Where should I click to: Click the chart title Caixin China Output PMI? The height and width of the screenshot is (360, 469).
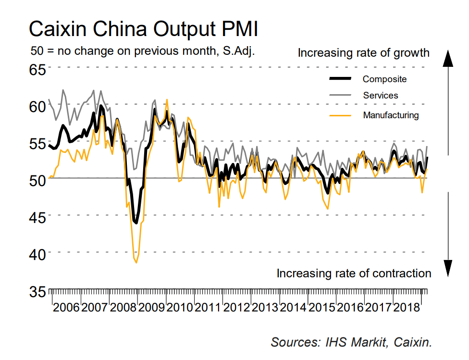(144, 29)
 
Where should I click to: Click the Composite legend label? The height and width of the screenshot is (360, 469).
(384, 79)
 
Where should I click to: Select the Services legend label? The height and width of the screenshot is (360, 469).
(381, 96)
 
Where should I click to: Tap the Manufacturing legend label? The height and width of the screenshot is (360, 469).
(391, 115)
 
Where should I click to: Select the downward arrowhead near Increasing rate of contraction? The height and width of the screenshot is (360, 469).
(448, 267)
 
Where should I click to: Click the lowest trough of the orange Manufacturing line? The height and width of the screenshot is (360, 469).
(136, 262)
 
